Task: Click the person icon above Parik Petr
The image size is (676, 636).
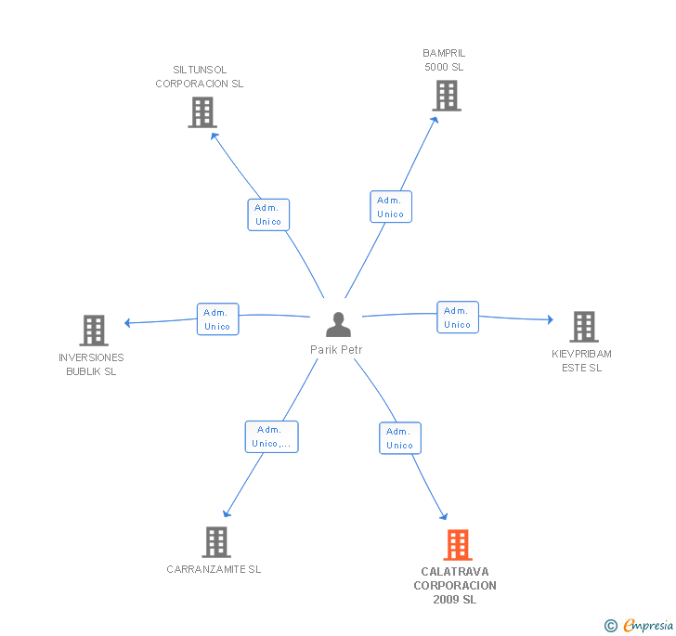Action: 338,324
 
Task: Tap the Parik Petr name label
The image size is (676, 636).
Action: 336,350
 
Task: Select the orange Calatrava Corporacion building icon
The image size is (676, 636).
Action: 458,545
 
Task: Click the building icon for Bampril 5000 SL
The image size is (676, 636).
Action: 447,96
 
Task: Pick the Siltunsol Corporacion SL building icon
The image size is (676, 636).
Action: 202,112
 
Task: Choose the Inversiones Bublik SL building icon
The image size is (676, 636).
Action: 94,331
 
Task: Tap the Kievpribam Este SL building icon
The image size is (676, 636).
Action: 584,327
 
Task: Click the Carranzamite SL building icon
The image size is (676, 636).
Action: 216,542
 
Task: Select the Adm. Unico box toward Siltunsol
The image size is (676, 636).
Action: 268,214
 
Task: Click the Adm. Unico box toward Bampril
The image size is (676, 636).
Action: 391,207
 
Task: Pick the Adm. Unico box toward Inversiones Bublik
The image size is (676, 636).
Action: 217,319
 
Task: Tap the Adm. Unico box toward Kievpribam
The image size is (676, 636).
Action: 458,318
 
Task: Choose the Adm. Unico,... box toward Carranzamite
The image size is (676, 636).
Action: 271,436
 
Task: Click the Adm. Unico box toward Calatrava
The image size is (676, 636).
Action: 400,438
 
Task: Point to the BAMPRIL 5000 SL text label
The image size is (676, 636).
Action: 444,60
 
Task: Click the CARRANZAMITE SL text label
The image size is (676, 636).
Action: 214,569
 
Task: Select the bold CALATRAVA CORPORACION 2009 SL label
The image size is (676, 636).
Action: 455,586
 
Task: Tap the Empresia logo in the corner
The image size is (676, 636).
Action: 639,625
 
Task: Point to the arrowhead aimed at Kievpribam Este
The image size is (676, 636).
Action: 550,319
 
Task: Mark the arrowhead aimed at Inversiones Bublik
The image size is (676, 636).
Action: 127,322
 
